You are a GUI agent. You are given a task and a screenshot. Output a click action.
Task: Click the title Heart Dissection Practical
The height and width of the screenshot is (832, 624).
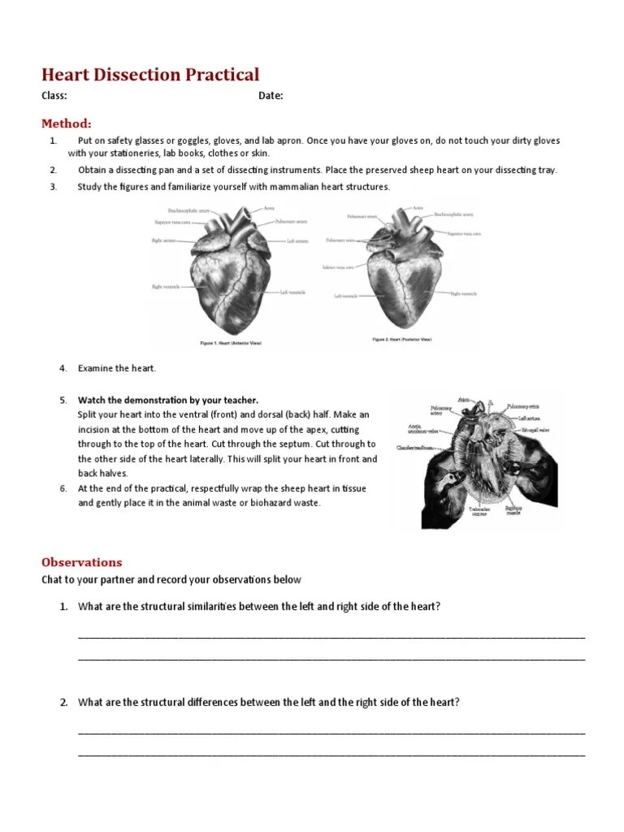[150, 75]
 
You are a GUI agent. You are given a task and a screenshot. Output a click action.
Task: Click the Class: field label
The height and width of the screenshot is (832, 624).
[54, 96]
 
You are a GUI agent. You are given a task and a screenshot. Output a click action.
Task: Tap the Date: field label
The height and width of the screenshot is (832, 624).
[271, 96]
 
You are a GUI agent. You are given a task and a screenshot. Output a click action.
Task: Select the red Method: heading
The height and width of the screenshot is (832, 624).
[67, 123]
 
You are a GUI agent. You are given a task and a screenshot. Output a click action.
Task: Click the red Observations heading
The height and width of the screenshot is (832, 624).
[82, 562]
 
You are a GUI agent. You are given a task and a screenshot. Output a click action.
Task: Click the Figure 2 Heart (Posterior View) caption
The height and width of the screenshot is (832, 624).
[402, 339]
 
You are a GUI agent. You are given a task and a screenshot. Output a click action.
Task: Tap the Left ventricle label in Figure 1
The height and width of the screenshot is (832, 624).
[293, 292]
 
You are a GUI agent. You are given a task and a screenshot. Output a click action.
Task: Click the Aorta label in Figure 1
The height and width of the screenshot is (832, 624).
[269, 208]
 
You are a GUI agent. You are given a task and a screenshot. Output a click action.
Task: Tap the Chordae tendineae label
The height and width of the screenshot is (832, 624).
[414, 448]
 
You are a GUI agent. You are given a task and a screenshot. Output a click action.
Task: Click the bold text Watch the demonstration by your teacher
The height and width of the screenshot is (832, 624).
[168, 400]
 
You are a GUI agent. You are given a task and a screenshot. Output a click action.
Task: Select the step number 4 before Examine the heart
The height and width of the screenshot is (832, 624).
[63, 368]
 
